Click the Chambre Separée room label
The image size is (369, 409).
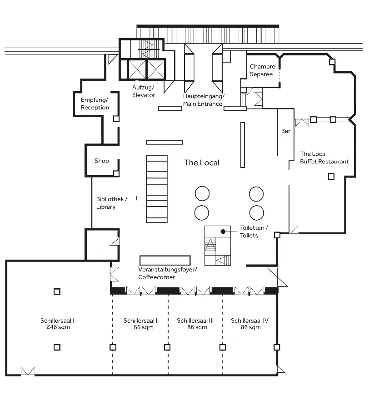coord(262,70)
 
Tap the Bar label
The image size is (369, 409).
coord(286,131)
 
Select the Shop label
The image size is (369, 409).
coord(102,161)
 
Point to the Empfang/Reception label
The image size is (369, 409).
coord(95,103)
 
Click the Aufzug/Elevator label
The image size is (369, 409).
coord(143,91)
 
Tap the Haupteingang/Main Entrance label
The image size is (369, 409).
coord(204,100)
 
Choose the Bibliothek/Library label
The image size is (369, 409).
coord(112,203)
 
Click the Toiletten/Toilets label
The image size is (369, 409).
coord(254,232)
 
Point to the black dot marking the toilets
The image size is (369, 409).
coord(223,232)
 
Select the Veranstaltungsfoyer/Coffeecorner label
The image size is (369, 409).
coord(168,273)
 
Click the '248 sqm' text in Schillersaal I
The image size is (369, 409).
coord(58,327)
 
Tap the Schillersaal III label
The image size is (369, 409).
coord(195,320)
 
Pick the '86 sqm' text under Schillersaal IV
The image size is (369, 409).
coord(251,327)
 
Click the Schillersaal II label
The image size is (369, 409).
coord(141,320)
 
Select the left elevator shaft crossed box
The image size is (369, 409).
coord(137,69)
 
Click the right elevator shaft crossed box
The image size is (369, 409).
coord(156,69)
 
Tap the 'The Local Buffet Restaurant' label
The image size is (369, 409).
coord(324,158)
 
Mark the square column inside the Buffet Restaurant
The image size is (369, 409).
coord(331,177)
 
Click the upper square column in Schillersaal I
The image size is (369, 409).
coord(57,291)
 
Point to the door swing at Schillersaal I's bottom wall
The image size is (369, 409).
coord(28,371)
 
